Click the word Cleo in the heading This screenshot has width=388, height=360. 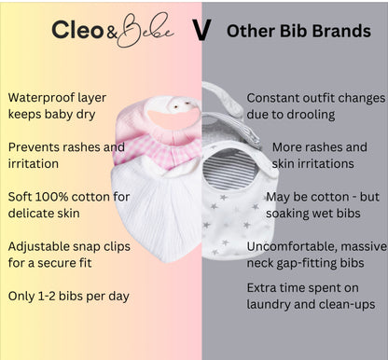77,31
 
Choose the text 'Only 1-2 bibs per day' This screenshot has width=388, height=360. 70,296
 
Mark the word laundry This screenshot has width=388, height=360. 272,304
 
